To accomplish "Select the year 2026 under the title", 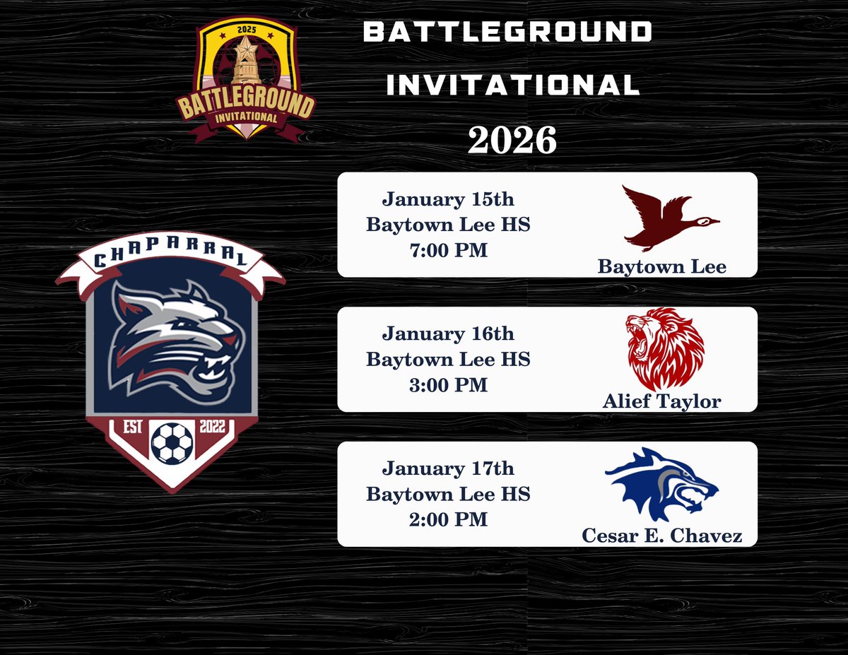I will pos(512,141).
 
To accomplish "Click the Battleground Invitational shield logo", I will pos(246,79).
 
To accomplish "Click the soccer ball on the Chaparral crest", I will pos(172,443).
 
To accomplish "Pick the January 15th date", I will pos(448,199).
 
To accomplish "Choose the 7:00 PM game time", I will pos(448,250).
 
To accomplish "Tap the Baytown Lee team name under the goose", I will pos(661,266).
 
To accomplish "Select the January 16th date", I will pos(448,334).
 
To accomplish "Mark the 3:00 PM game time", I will pos(448,385).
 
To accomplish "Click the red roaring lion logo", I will pos(665,348).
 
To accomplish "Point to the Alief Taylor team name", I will pos(661,401).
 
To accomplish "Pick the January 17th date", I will pos(448,468).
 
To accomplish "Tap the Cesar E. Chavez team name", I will pos(661,536).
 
